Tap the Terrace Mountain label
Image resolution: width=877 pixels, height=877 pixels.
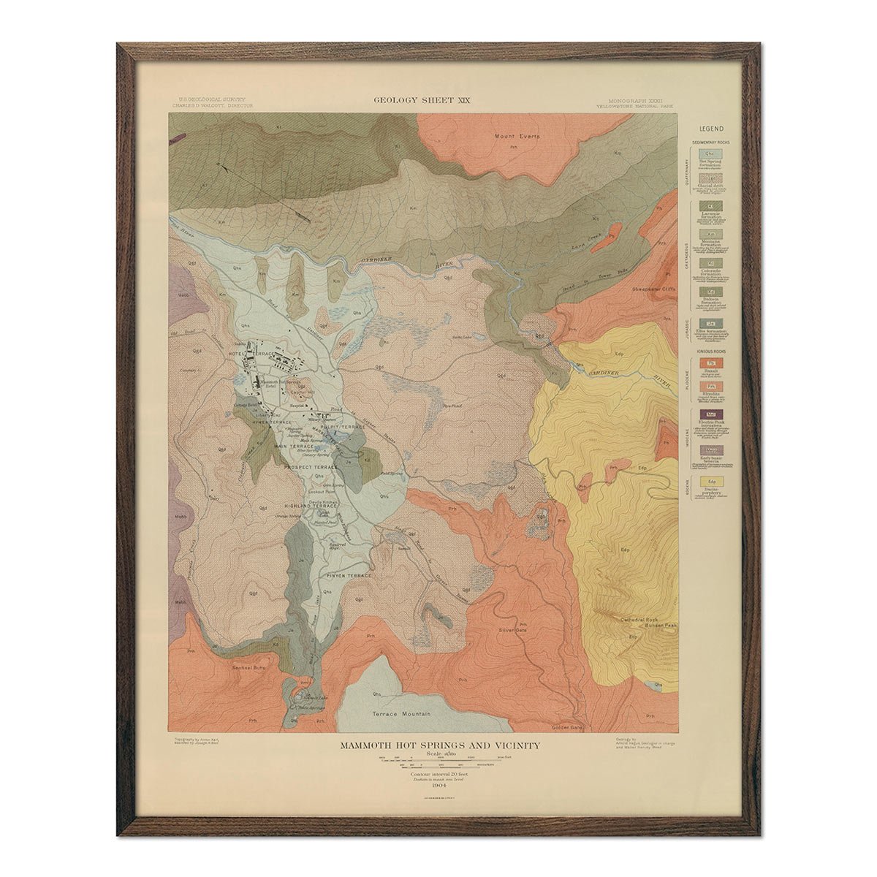400,713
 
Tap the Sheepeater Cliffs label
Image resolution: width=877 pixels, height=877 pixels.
656,289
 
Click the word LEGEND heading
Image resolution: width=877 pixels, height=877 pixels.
711,129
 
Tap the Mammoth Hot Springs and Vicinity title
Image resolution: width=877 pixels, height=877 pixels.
440,745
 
